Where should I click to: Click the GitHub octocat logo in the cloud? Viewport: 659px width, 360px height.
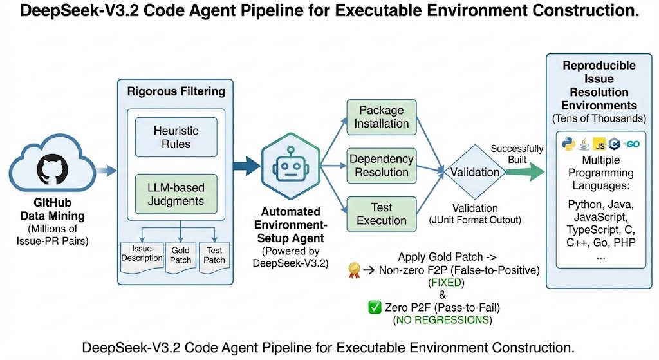(x=53, y=170)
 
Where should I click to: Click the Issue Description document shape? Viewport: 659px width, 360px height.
(x=142, y=254)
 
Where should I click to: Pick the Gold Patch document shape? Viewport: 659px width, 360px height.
(x=181, y=254)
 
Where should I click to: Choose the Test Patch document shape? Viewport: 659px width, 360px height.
(x=214, y=254)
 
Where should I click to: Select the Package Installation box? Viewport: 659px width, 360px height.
(x=381, y=117)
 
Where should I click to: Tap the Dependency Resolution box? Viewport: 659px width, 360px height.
(x=381, y=166)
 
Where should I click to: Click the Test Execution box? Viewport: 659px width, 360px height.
(x=381, y=214)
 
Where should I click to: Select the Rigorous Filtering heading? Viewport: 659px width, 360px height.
(x=175, y=91)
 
